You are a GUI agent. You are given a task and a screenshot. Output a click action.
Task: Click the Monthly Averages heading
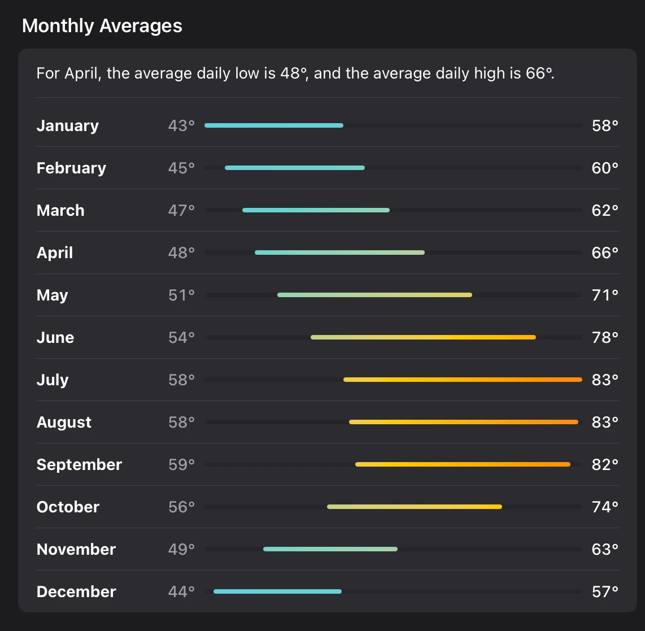pyautogui.click(x=102, y=26)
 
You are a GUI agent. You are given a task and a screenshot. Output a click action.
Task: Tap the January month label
pyautogui.click(x=67, y=125)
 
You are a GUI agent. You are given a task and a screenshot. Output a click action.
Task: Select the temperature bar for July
pyautogui.click(x=463, y=380)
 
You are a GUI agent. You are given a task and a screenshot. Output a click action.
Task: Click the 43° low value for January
pyautogui.click(x=181, y=125)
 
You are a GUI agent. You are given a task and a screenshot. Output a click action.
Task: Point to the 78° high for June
pyautogui.click(x=605, y=337)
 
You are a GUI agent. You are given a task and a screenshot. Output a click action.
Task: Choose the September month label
pyautogui.click(x=79, y=464)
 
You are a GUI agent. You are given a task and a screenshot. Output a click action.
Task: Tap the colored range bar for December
pyautogui.click(x=277, y=591)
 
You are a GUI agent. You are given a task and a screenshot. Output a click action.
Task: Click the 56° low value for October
pyautogui.click(x=181, y=507)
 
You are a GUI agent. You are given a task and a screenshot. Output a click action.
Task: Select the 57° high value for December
pyautogui.click(x=605, y=591)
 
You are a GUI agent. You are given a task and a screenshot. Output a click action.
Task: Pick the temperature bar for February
pyautogui.click(x=294, y=168)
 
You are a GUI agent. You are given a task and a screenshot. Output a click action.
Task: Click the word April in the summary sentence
pyautogui.click(x=82, y=73)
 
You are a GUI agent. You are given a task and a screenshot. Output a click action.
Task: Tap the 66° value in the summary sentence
pyautogui.click(x=539, y=73)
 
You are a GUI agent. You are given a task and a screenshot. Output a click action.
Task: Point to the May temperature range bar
pyautogui.click(x=374, y=295)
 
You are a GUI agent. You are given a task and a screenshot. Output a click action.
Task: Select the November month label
pyautogui.click(x=76, y=549)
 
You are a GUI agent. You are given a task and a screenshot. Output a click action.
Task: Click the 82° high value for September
pyautogui.click(x=605, y=464)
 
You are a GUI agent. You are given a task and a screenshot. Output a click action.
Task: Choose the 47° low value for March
pyautogui.click(x=181, y=210)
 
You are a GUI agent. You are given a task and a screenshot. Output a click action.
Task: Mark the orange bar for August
pyautogui.click(x=463, y=422)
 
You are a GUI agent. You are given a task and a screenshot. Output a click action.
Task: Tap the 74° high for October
pyautogui.click(x=605, y=507)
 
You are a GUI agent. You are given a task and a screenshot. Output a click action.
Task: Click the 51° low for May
pyautogui.click(x=181, y=295)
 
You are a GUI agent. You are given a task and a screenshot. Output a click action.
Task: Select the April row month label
pyautogui.click(x=55, y=253)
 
